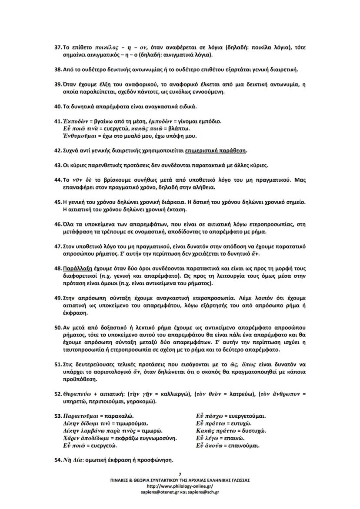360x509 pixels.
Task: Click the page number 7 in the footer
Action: pyautogui.click(x=180, y=474)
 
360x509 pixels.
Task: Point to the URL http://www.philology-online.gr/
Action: pyautogui.click(x=180, y=486)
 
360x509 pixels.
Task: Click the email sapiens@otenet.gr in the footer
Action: pyautogui.click(x=158, y=492)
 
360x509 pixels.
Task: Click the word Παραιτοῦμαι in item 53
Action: pyautogui.click(x=79, y=416)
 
